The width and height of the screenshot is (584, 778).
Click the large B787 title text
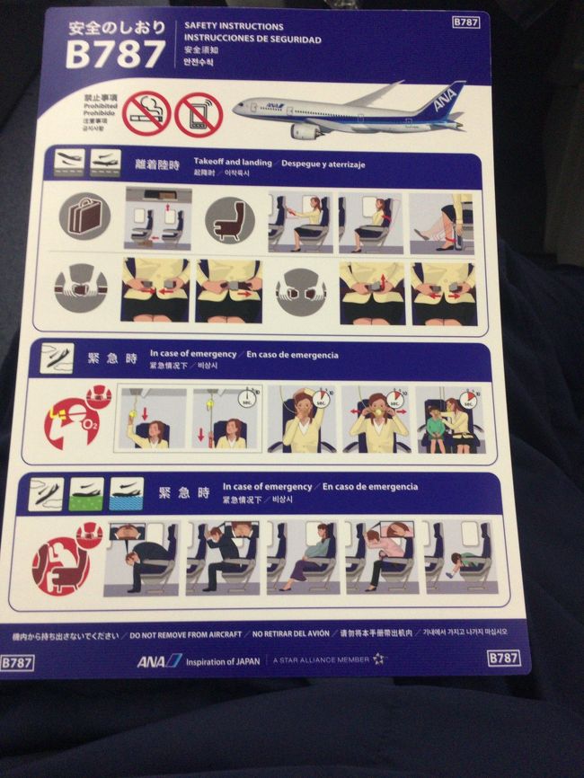coord(115,57)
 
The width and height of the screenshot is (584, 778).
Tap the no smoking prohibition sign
coord(146,114)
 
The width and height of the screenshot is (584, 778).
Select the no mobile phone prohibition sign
coord(198,114)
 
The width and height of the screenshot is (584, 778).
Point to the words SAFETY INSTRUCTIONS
coord(234,27)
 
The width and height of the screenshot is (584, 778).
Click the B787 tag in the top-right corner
coord(465,21)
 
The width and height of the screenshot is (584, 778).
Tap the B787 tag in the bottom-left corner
coord(17,662)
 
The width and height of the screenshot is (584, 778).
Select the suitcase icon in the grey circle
coord(84,217)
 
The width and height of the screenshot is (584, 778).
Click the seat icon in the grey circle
coord(228,218)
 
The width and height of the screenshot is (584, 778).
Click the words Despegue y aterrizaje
coord(329,164)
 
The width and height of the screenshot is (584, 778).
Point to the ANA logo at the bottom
coord(159,661)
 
